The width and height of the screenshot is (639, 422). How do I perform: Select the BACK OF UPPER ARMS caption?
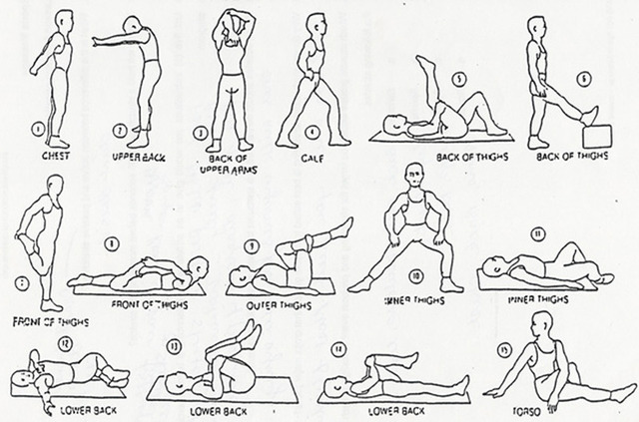229,162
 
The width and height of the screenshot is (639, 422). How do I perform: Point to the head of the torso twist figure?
542,323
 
